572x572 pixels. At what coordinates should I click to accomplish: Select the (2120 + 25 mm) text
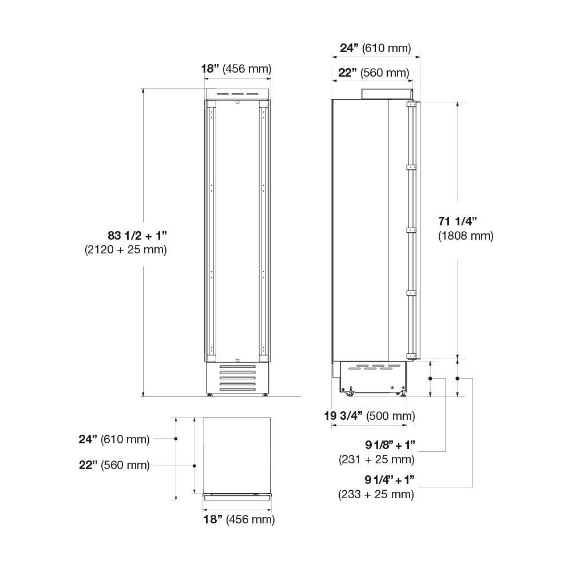126,249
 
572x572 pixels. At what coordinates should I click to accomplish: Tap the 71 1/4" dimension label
457,221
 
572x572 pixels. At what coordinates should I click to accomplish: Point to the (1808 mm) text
465,235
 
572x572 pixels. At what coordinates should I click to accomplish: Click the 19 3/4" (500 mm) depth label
370,416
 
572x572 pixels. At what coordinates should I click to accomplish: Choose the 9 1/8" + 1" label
390,445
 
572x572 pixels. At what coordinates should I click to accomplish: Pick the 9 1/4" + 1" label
390,480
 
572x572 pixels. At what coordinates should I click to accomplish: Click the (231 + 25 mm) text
376,459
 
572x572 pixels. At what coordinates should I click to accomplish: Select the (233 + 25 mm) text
376,494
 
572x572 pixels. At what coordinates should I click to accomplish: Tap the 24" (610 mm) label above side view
375,48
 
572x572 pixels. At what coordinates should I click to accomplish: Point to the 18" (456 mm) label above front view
236,69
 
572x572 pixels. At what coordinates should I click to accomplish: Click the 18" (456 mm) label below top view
239,519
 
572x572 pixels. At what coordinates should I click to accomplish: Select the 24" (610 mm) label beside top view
114,439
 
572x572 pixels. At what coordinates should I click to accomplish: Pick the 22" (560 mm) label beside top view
114,465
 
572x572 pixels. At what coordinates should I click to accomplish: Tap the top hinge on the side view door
410,105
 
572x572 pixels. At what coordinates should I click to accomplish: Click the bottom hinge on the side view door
410,356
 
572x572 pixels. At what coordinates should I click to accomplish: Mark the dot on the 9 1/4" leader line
457,379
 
